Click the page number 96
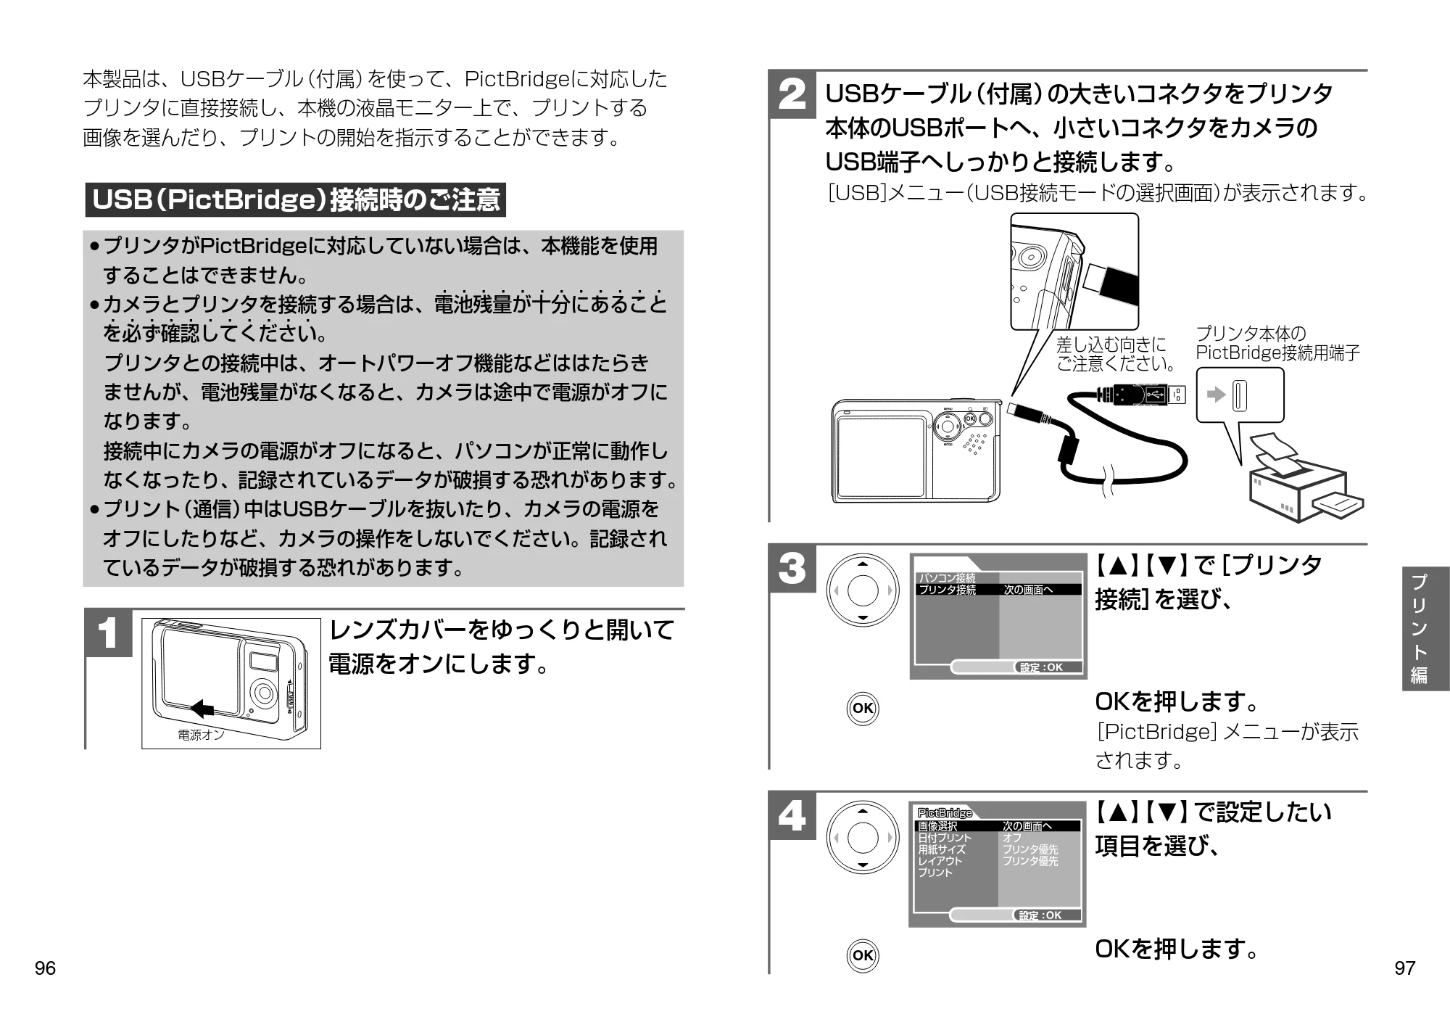tap(45, 968)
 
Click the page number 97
tap(1404, 968)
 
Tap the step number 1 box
tap(109, 633)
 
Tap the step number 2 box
tap(792, 96)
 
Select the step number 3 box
tap(792, 569)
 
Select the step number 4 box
tap(792, 816)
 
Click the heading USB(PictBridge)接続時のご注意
tap(296, 199)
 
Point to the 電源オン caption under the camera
tap(201, 735)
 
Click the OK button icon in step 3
tap(863, 708)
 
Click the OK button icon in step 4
tap(863, 955)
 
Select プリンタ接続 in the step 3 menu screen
tap(948, 590)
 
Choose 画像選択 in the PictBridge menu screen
tap(937, 826)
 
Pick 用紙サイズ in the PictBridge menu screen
tap(942, 849)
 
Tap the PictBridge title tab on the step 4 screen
tap(945, 813)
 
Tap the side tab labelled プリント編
tap(1425, 628)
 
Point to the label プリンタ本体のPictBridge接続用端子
tap(1277, 343)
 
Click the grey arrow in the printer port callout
tap(1216, 395)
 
